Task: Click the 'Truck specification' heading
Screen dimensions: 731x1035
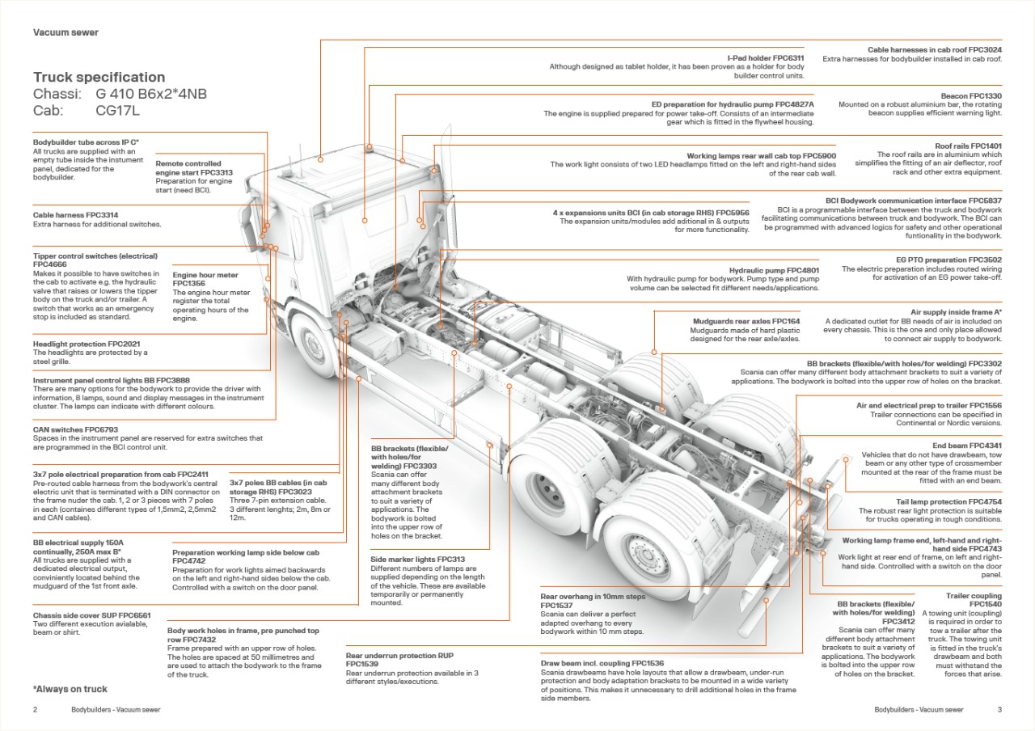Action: pos(99,77)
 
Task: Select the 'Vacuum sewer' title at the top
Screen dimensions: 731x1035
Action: pos(65,32)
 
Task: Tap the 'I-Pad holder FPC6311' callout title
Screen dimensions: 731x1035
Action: pos(766,58)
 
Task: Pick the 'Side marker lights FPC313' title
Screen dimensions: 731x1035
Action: pos(417,559)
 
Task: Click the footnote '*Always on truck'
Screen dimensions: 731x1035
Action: pos(70,689)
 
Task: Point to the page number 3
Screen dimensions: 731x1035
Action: pos(999,709)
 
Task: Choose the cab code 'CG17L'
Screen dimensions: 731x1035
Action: pos(118,110)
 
